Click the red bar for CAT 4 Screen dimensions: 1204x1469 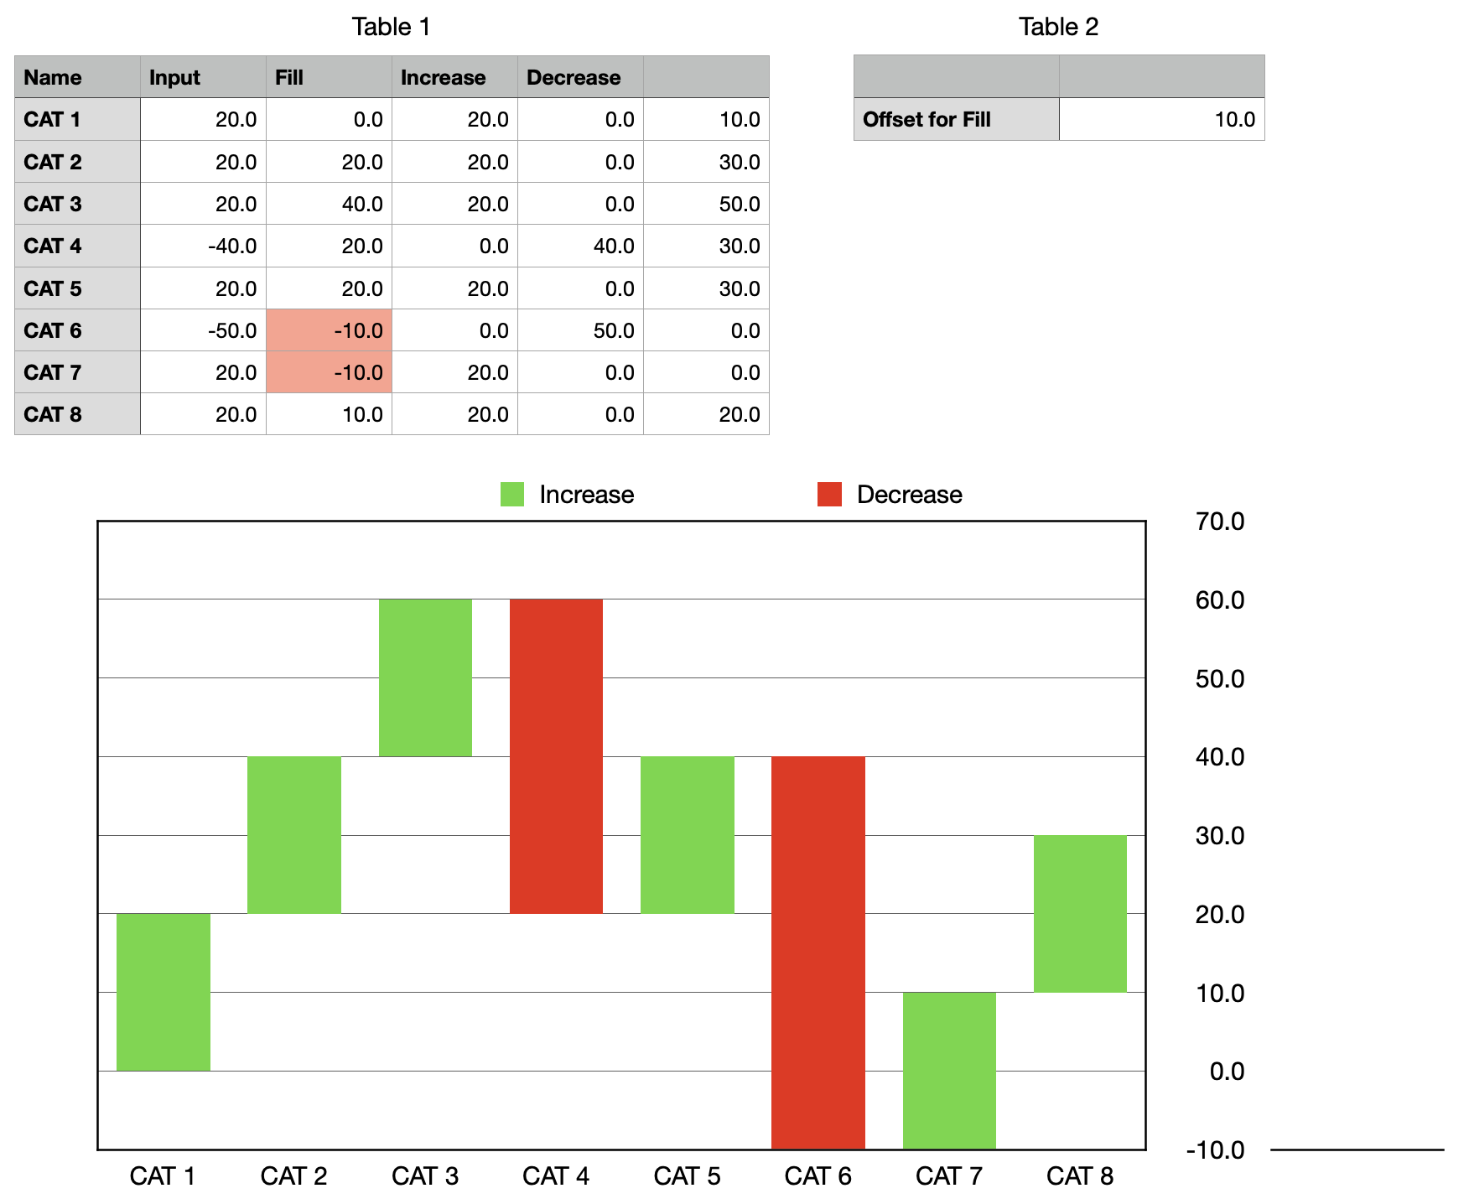click(556, 755)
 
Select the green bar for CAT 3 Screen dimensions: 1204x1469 click(425, 677)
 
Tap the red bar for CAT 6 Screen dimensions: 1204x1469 click(818, 952)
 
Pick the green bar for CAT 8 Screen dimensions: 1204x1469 click(1080, 913)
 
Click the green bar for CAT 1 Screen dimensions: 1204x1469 click(164, 991)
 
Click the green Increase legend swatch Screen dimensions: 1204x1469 click(512, 494)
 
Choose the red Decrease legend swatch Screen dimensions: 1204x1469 click(829, 494)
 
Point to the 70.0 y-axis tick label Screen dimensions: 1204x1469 click(1219, 522)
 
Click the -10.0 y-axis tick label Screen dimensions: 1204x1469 click(1215, 1150)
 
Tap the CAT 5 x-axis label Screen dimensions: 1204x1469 click(687, 1176)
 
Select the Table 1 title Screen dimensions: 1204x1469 click(391, 27)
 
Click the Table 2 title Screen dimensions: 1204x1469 click(1058, 27)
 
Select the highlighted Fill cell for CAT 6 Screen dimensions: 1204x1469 click(329, 330)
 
